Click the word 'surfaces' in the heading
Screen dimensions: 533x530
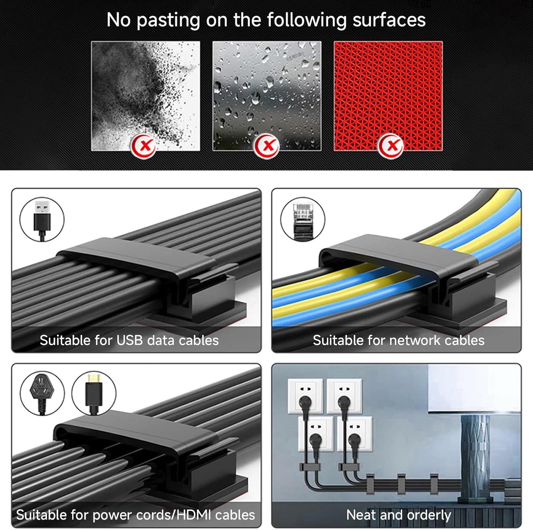[389, 20]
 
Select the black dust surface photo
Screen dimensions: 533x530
[145, 96]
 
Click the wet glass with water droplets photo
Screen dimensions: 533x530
[267, 96]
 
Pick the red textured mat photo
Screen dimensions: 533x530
[388, 96]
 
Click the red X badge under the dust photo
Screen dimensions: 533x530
[143, 145]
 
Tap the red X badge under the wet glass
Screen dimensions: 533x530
[266, 145]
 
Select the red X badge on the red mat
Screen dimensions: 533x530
[390, 145]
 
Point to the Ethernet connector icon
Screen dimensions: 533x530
[302, 220]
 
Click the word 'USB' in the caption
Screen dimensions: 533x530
[129, 340]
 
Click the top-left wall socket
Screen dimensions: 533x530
[305, 396]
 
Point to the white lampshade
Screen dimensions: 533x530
[475, 388]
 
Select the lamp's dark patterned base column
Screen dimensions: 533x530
[475, 457]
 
